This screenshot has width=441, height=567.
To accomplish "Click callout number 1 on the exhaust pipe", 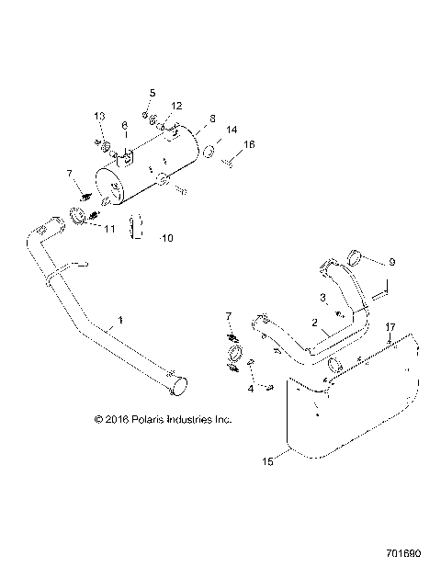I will [x=119, y=322].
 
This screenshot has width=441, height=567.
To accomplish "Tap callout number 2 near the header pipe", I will [x=315, y=323].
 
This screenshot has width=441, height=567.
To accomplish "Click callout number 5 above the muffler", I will [x=153, y=93].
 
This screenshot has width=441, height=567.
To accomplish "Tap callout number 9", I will [x=392, y=263].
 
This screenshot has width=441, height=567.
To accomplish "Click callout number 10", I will [x=166, y=238].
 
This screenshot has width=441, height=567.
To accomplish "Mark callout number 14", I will [x=232, y=131].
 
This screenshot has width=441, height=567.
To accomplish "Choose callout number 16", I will [x=249, y=144].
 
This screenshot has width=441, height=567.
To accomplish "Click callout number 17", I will [x=390, y=326].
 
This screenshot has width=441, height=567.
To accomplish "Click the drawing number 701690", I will [x=404, y=554].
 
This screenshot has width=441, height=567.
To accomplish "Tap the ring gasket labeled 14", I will [x=209, y=149].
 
